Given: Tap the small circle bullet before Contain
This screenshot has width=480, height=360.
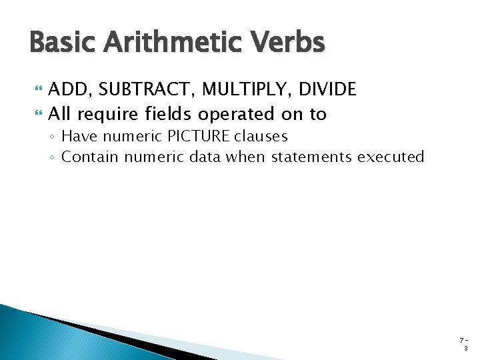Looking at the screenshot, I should pyautogui.click(x=53, y=158).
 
